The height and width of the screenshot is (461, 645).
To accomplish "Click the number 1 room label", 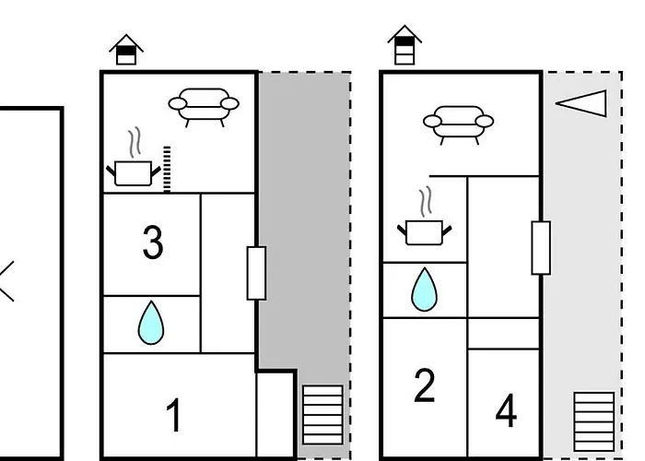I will pyautogui.click(x=173, y=416).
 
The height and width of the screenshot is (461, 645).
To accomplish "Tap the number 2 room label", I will pyautogui.click(x=424, y=385).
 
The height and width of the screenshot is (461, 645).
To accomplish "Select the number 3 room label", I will pyautogui.click(x=153, y=242).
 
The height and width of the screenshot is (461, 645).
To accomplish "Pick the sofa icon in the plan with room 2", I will pyautogui.click(x=457, y=124).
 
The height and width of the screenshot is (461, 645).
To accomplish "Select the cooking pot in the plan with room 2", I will pyautogui.click(x=424, y=231).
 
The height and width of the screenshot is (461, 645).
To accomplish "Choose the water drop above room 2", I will pyautogui.click(x=424, y=290).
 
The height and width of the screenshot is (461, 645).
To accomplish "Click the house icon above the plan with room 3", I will pyautogui.click(x=126, y=50).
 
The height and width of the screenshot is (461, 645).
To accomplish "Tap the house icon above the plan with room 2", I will pyautogui.click(x=404, y=45).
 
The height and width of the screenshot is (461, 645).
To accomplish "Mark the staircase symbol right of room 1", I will pyautogui.click(x=322, y=415).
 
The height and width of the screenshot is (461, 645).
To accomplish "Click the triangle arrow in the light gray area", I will pyautogui.click(x=583, y=103).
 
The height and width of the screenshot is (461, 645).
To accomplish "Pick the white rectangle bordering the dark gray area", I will pyautogui.click(x=256, y=273).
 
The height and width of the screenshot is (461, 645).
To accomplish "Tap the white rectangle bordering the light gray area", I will pyautogui.click(x=541, y=248).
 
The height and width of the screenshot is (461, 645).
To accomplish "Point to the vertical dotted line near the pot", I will pyautogui.click(x=167, y=169).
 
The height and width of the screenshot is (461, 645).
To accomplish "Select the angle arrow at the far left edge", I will pyautogui.click(x=7, y=281).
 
